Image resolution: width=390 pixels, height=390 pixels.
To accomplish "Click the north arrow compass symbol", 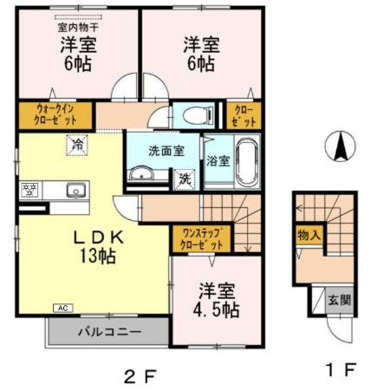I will click(x=340, y=146).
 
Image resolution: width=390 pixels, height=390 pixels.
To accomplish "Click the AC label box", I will click(x=64, y=307).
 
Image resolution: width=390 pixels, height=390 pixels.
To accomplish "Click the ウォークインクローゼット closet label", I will click(x=52, y=115).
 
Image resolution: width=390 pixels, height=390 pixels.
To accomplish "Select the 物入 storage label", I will click(x=308, y=234).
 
